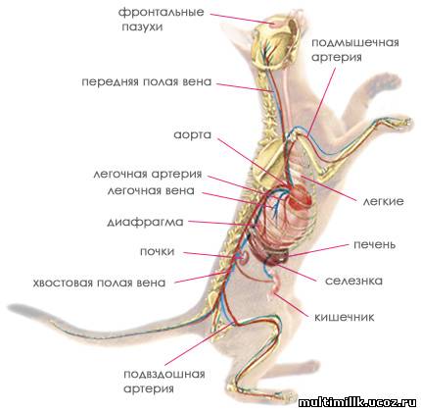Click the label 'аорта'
(x=193, y=135)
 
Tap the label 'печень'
(x=375, y=244)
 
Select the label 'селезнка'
(x=353, y=281)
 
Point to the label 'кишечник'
(x=345, y=317)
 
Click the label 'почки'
(x=158, y=251)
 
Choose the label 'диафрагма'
(x=145, y=223)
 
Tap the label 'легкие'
(x=384, y=201)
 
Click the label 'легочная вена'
(x=151, y=190)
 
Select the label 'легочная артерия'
(x=148, y=175)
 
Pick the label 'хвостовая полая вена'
(x=99, y=283)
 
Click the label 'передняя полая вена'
(x=147, y=81)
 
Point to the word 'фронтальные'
(x=161, y=13)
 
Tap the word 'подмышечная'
(x=355, y=43)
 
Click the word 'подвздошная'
(x=164, y=374)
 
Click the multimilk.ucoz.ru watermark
(x=357, y=401)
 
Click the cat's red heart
(x=300, y=196)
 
